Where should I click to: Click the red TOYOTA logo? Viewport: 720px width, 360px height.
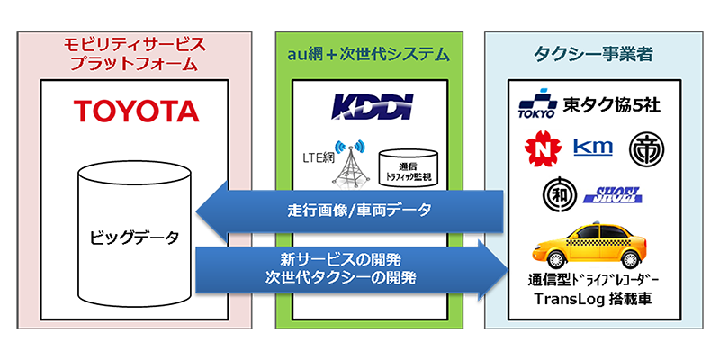coord(136,112)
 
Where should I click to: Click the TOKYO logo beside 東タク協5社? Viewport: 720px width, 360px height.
coord(537,106)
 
